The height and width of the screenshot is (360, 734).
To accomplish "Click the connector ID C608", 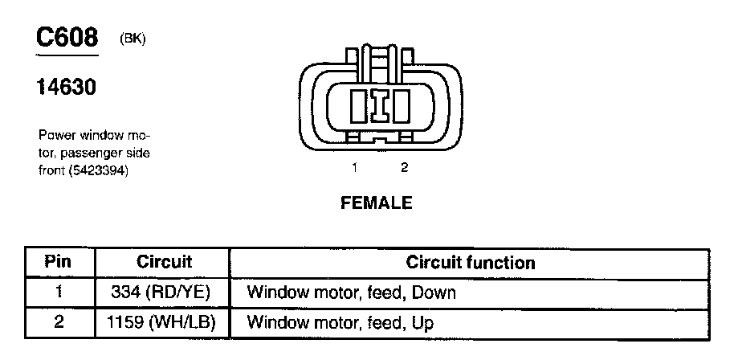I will pos(67,38).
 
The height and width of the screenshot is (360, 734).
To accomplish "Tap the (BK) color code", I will pos(133,39).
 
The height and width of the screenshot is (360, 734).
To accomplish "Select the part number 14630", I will pos(67,86).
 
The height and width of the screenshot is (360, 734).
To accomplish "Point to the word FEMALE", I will pos(377,203).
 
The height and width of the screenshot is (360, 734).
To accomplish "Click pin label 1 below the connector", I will pos(353,168).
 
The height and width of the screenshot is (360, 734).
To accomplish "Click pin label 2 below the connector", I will pos(404,168).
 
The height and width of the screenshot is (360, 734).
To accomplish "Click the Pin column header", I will pos(58,262).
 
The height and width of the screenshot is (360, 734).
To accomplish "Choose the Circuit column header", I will pos(164,262).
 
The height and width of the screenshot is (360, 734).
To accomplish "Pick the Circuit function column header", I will pos(471,262).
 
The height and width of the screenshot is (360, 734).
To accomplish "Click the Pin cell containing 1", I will pos(58,292).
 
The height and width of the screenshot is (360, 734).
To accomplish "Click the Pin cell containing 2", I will pos(58,323).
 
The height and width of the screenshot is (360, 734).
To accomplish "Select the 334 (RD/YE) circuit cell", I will pos(164,292).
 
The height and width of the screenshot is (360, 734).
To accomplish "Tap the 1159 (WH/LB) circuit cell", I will pos(164,323).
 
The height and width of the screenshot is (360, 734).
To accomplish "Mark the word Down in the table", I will pos(434,292).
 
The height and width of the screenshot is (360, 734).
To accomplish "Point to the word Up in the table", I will pos(423,324).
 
